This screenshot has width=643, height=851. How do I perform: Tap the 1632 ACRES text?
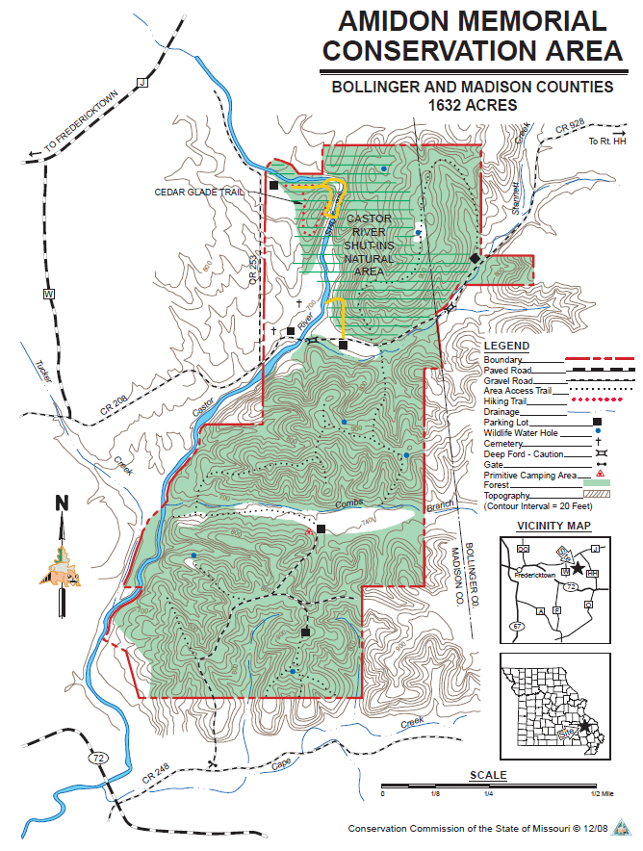click(x=472, y=104)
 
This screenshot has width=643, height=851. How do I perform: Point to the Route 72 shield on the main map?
click(x=98, y=759)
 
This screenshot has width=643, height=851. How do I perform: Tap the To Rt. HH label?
click(x=606, y=142)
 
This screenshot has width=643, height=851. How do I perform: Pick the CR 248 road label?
click(x=153, y=779)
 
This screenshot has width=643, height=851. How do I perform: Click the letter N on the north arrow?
click(x=62, y=503)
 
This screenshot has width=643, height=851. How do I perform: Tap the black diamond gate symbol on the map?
click(x=475, y=259)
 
